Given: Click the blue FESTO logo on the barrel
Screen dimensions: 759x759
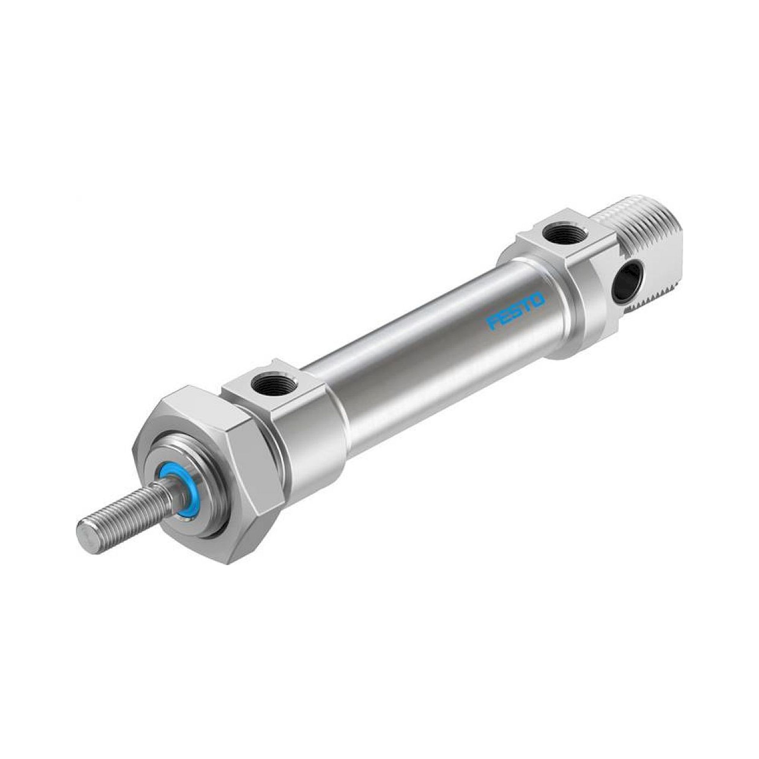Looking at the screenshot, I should (515, 310).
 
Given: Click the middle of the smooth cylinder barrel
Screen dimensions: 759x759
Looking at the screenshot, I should (424, 354).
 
